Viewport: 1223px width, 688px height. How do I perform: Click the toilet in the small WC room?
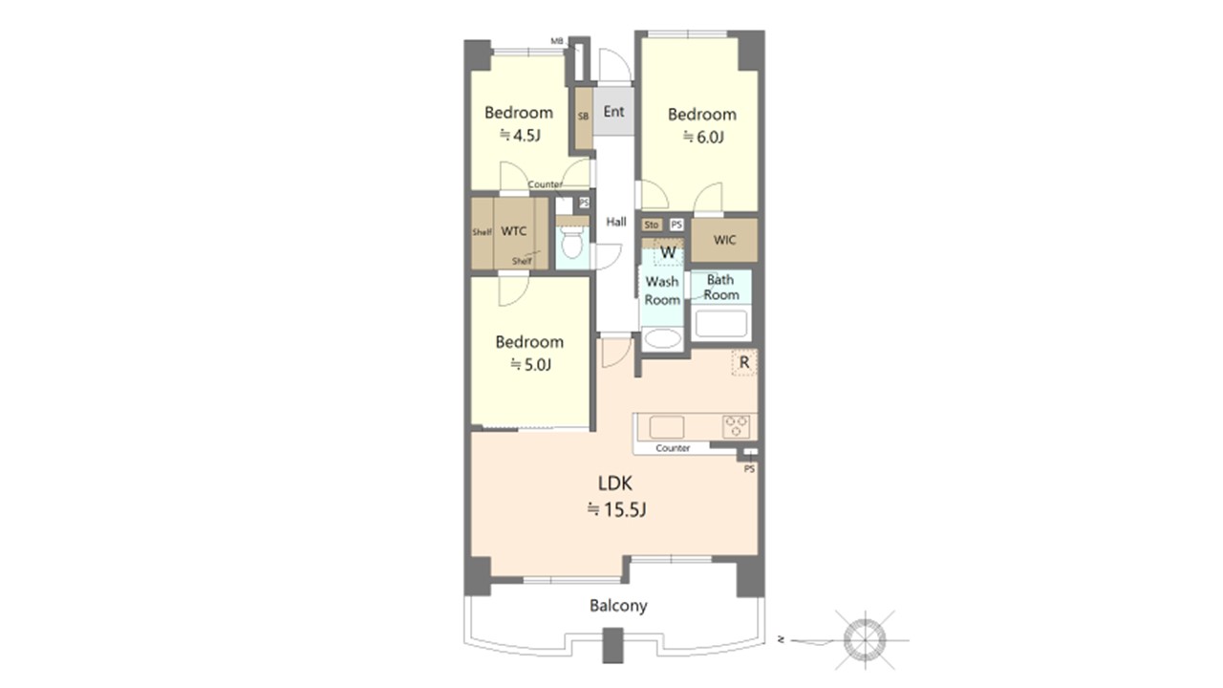(571, 244)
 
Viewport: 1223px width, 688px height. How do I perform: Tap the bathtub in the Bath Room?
(720, 324)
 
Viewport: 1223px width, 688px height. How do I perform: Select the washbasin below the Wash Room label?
(662, 339)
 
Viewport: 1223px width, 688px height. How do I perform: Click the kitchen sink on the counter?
(667, 427)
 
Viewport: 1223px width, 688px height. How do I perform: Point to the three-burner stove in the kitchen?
(736, 426)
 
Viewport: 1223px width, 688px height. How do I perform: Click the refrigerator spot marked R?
(743, 362)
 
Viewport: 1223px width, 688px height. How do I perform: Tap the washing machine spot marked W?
(668, 252)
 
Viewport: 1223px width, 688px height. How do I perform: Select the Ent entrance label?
(613, 112)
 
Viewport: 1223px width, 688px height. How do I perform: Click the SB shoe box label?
(583, 117)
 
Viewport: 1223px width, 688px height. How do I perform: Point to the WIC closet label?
(724, 240)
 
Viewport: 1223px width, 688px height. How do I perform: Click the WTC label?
(514, 231)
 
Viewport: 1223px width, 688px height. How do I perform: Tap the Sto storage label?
(651, 225)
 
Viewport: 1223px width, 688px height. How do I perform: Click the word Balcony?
(618, 606)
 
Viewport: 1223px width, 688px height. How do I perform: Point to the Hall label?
(616, 222)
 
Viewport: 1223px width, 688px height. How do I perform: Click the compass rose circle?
(865, 640)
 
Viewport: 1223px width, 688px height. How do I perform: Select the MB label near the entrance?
(556, 41)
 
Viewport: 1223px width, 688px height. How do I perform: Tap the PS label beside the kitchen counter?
(749, 469)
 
